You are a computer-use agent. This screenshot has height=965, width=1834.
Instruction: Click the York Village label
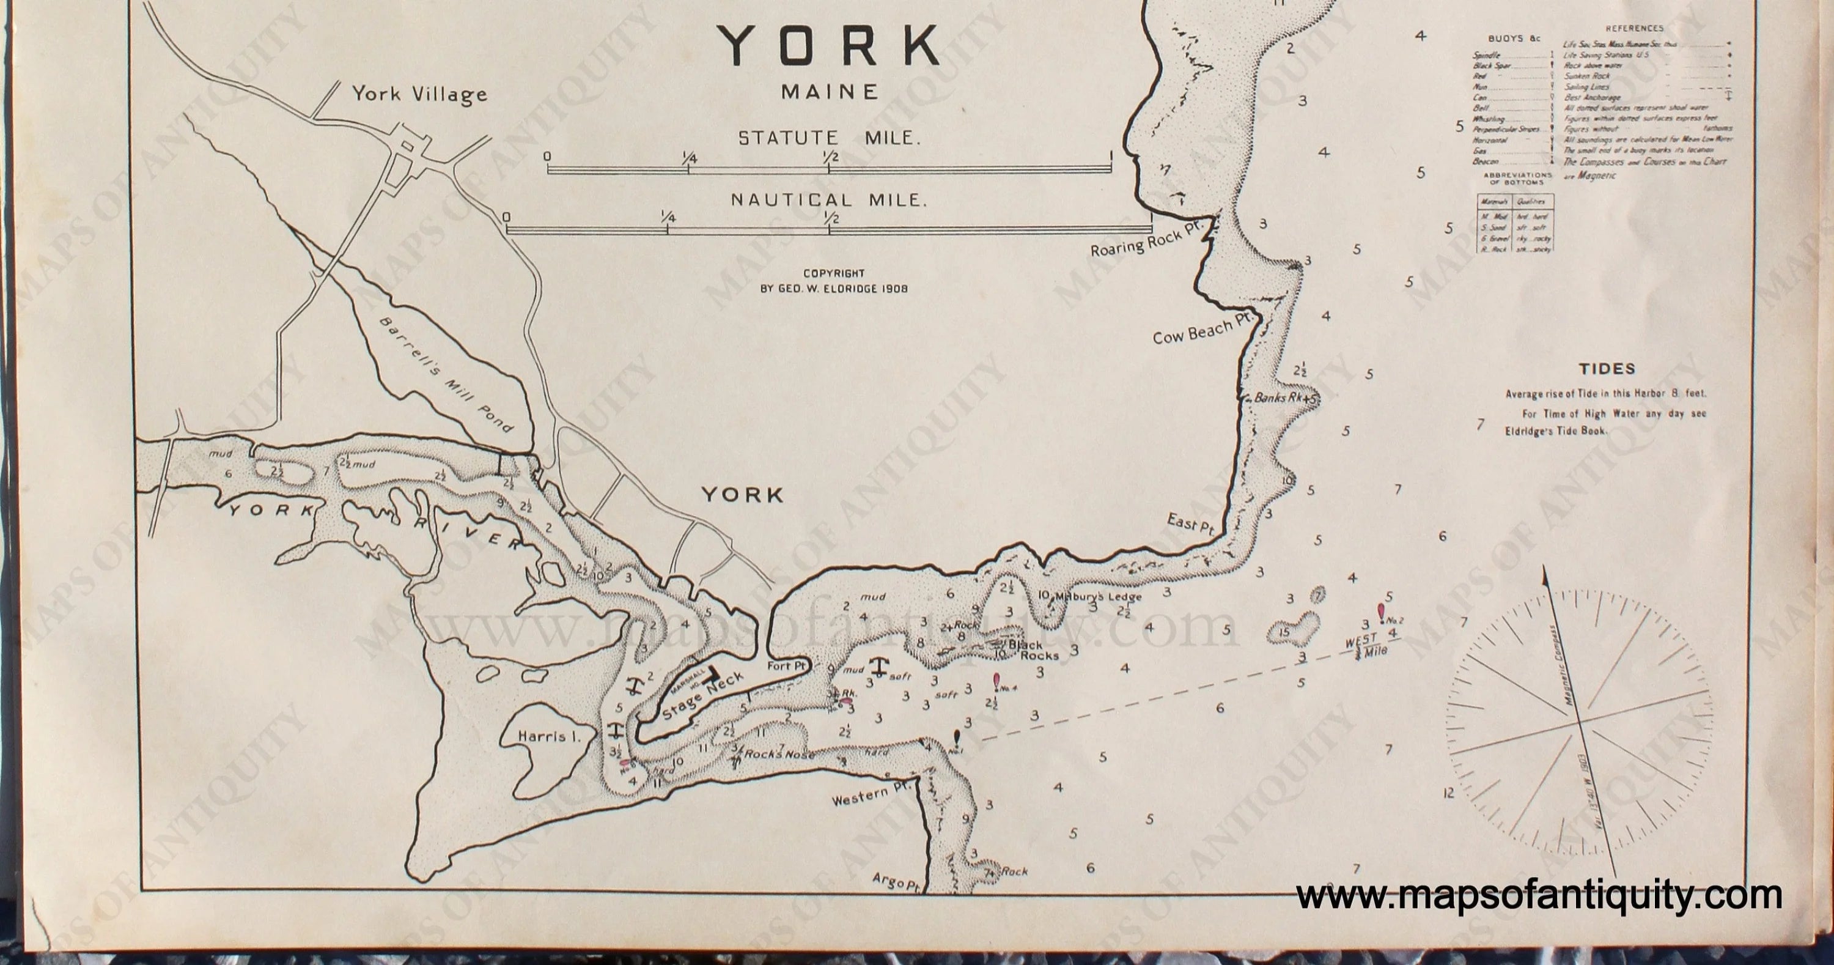click(x=419, y=95)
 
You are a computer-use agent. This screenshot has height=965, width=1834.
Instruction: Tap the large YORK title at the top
click(x=828, y=47)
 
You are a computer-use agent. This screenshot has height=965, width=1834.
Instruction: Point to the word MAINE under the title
click(x=830, y=92)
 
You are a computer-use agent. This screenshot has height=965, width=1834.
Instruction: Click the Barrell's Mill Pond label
click(x=445, y=375)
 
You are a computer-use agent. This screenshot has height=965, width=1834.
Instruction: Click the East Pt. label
click(x=1190, y=525)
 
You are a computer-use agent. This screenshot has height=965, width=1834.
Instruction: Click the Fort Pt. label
click(x=786, y=667)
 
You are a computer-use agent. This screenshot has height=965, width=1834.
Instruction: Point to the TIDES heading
click(x=1607, y=369)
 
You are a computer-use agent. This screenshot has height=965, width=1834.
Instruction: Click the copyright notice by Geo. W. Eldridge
click(x=834, y=281)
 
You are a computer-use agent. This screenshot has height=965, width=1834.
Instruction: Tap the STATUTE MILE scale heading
click(x=830, y=138)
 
